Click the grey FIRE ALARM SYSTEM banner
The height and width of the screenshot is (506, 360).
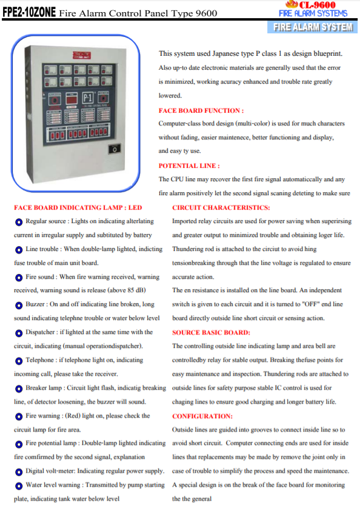(312, 27)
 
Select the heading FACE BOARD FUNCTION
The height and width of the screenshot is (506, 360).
(201, 110)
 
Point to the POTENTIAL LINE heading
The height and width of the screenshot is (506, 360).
(189, 165)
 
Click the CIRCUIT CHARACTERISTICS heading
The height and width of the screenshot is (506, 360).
(221, 207)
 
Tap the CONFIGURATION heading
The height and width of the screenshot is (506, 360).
(202, 416)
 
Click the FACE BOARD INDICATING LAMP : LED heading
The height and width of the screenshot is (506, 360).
(78, 207)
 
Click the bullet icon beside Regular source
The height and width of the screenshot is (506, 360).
(19, 222)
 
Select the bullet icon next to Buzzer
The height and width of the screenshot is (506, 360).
(19, 305)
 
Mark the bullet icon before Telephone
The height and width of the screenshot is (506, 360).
(19, 361)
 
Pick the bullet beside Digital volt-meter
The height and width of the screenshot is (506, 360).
(19, 471)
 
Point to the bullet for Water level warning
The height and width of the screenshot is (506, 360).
(19, 485)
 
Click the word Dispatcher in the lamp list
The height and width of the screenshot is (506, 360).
(42, 332)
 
